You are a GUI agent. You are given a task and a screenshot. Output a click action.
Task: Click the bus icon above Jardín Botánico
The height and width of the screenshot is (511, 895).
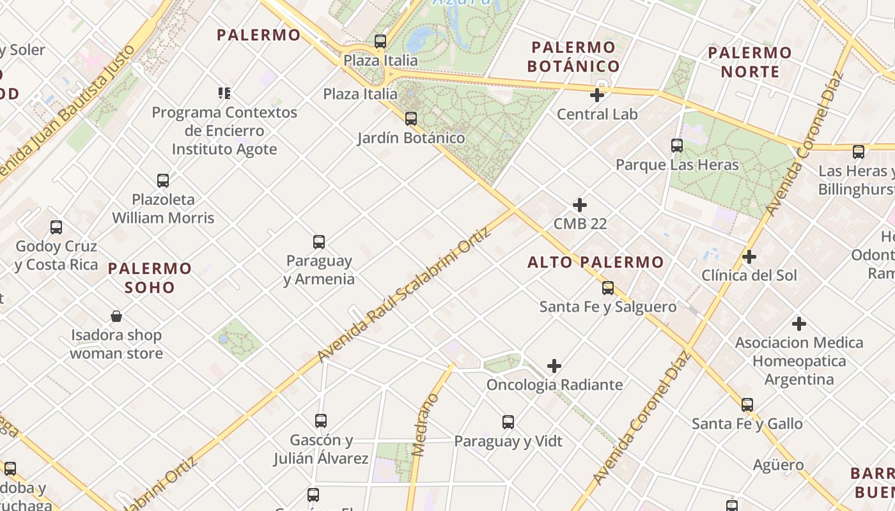pos(411,118)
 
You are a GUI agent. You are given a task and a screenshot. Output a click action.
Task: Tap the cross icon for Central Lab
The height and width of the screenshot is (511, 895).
pos(597,95)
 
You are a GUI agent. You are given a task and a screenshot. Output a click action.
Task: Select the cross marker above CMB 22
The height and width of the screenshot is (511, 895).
pos(580,205)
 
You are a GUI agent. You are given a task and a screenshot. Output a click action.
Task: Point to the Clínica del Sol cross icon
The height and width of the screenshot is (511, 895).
pos(749,257)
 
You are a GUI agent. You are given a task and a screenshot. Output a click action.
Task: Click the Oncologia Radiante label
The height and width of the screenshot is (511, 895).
pos(554,385)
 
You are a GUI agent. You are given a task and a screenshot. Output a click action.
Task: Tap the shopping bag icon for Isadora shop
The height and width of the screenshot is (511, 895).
pos(116,316)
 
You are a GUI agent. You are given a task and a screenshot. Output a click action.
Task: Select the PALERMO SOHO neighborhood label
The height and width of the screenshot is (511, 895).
pos(150,278)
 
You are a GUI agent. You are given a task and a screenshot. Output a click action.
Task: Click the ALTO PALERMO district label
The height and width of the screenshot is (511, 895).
pos(596,262)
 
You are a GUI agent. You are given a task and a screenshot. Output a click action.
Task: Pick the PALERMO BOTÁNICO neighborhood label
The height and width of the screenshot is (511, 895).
pos(573,57)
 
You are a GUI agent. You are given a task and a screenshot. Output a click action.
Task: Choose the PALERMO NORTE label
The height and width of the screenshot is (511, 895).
pos(750,62)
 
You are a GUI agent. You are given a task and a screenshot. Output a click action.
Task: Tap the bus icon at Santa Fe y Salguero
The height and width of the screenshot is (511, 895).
pos(608,288)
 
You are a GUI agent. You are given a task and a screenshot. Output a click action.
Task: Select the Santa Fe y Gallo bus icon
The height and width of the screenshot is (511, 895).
pos(747,404)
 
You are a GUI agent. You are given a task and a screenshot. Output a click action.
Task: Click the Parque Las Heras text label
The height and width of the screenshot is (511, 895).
pos(677,165)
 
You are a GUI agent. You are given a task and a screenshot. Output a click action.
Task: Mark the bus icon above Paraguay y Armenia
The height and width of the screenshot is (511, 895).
pos(319,242)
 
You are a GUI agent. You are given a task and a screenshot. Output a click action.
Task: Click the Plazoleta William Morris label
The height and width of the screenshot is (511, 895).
pos(163,208)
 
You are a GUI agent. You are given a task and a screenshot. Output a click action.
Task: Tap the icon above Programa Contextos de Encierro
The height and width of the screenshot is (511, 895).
pos(224,93)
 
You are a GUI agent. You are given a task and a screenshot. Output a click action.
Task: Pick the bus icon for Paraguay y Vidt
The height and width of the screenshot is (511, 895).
pos(508,422)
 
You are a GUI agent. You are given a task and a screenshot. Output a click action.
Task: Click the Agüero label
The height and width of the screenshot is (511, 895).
pos(778,464)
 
